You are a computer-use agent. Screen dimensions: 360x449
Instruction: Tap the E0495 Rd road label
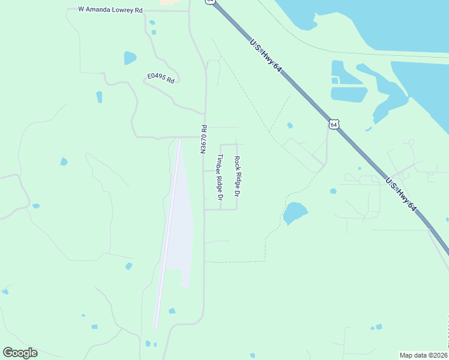(161, 78)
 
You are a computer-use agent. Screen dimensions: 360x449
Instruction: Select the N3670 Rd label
(204, 139)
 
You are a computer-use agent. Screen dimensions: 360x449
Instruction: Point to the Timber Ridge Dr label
(220, 177)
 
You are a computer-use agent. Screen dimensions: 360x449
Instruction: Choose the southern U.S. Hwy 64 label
(400, 193)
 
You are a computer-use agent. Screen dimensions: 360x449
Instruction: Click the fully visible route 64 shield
(334, 124)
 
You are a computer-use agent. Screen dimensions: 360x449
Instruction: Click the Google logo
(20, 352)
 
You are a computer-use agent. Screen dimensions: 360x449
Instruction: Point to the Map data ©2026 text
(423, 355)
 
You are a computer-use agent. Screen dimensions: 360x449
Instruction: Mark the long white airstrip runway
(167, 234)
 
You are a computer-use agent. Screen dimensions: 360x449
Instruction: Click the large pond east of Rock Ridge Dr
(295, 212)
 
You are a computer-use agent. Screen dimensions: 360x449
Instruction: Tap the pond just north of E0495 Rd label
(130, 58)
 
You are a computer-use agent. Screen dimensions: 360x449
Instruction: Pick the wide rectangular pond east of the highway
(349, 94)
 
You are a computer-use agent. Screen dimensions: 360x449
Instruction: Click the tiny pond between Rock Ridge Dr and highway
(290, 125)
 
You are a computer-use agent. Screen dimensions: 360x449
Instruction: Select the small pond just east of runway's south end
(172, 311)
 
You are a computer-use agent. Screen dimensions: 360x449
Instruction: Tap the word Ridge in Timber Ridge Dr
(220, 179)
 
